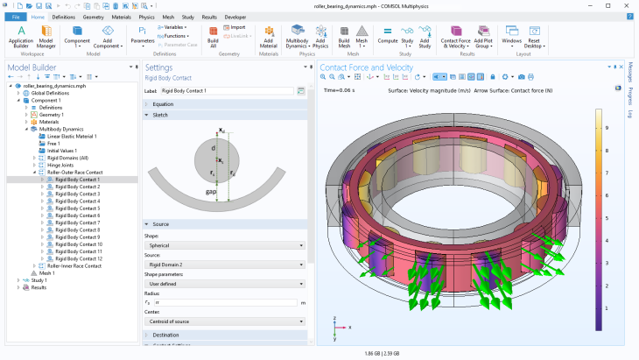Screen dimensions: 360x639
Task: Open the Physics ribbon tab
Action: pos(146,17)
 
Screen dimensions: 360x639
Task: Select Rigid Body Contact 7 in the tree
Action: pos(77,222)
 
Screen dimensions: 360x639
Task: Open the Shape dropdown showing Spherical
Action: pos(225,245)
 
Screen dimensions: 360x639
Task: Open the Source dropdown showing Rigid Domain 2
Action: pos(225,264)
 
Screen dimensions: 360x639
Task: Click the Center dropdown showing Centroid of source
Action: pos(225,321)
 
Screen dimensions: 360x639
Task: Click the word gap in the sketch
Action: pos(211,191)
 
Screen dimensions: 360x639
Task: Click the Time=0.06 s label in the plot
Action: pos(341,89)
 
